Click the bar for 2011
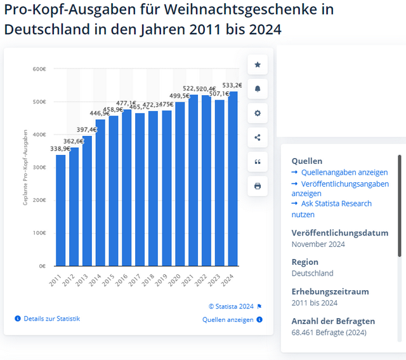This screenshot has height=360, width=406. (61, 210)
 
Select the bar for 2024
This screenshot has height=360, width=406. (233, 178)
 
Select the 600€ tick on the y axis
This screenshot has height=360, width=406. (39, 69)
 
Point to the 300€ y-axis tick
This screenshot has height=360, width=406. (39, 167)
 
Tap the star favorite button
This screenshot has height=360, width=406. (257, 65)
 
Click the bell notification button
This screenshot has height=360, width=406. (257, 89)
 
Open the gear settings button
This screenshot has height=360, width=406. (257, 113)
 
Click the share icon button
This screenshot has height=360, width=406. (257, 138)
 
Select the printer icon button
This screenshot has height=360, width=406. (257, 186)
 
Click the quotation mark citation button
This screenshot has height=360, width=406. (257, 162)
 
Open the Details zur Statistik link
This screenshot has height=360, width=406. (51, 318)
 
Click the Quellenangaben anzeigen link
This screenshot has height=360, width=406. (343, 172)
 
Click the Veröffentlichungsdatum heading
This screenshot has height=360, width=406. (339, 232)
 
